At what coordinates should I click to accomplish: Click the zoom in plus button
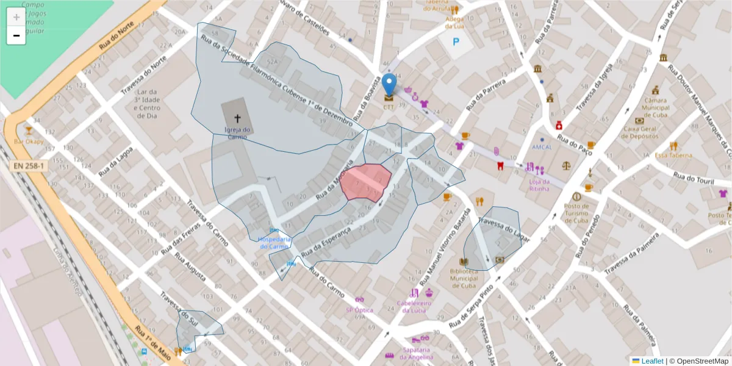pyautogui.click(x=16, y=17)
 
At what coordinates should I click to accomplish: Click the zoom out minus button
pyautogui.click(x=16, y=35)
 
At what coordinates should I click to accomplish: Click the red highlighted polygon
pyautogui.click(x=365, y=182)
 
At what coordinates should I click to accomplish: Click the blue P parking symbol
pyautogui.click(x=455, y=42)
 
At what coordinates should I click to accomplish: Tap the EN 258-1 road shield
pyautogui.click(x=29, y=166)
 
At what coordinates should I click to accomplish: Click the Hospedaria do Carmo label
pyautogui.click(x=273, y=243)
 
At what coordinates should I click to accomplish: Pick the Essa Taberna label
pyautogui.click(x=673, y=155)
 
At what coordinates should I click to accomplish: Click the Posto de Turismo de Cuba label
pyautogui.click(x=576, y=213)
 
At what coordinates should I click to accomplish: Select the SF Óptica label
pyautogui.click(x=359, y=310)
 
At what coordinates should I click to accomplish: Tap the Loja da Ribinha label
pyautogui.click(x=539, y=185)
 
